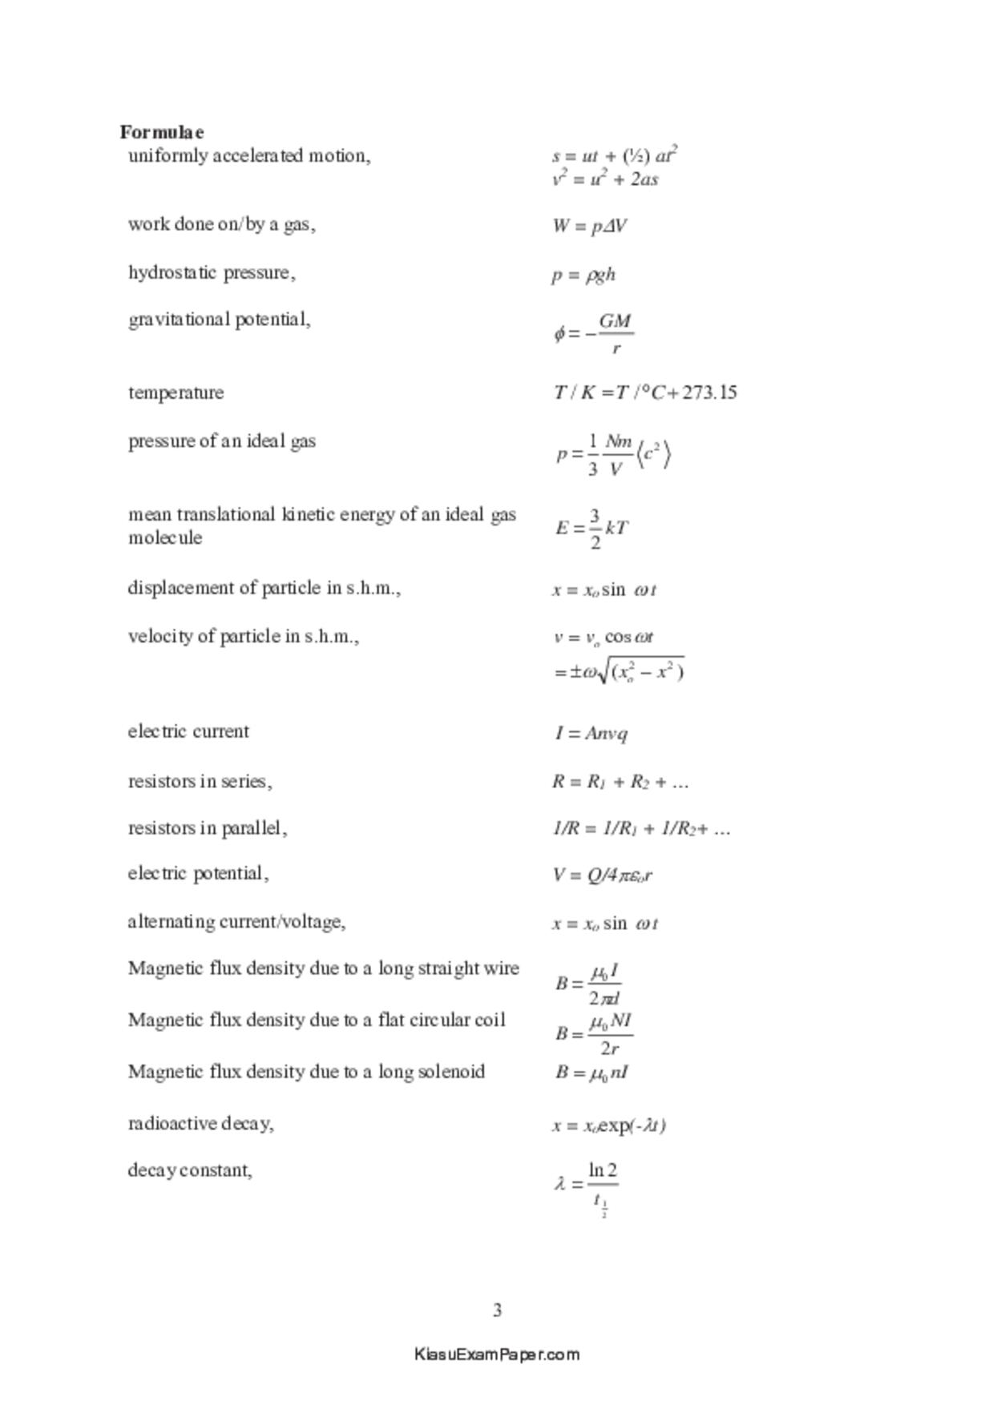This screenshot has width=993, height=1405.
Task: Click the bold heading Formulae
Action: (x=162, y=132)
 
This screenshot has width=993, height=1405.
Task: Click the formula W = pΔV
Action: (x=589, y=227)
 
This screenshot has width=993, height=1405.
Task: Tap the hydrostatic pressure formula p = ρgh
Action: (x=583, y=275)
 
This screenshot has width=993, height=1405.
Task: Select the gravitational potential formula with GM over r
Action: (x=594, y=333)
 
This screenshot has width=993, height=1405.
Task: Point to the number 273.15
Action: (x=709, y=393)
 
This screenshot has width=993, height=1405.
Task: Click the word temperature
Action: (x=176, y=393)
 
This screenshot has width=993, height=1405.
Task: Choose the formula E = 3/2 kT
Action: (x=591, y=529)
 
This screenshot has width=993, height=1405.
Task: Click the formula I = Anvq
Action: (x=591, y=733)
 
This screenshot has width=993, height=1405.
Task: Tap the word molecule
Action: (x=165, y=537)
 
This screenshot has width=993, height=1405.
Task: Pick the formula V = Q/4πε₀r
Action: (x=602, y=875)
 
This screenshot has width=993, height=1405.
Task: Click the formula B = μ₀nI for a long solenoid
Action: (x=591, y=1073)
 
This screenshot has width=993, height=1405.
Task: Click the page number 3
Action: (x=497, y=1310)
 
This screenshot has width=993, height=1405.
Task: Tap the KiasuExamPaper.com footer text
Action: (x=497, y=1355)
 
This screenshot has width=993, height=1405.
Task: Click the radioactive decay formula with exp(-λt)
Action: (x=609, y=1125)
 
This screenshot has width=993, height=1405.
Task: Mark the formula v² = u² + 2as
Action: (x=605, y=179)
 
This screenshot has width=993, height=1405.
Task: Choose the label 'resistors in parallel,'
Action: (x=208, y=828)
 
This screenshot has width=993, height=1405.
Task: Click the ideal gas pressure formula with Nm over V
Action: (x=613, y=454)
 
